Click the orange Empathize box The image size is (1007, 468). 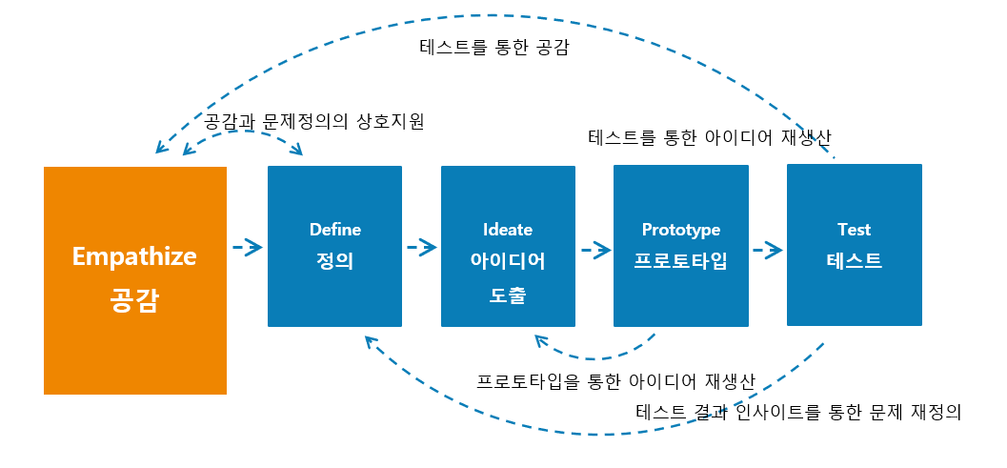click(135, 280)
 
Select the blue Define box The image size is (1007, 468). click(334, 246)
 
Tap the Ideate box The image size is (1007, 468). click(508, 246)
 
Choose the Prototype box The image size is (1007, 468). click(681, 246)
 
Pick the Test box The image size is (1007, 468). click(855, 245)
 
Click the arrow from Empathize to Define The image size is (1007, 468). click(248, 247)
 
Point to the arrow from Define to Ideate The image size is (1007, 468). click(422, 247)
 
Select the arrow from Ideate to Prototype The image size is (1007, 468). click(595, 249)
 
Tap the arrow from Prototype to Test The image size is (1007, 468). click(768, 249)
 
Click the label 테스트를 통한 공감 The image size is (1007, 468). click(493, 49)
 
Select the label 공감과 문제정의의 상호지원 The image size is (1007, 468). click(314, 121)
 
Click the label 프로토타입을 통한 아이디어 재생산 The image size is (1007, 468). click(615, 381)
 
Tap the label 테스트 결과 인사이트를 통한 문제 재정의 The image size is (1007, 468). click(798, 412)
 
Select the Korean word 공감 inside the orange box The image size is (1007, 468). click(133, 300)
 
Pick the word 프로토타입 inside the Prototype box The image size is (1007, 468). click(681, 261)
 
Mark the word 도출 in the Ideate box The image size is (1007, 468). click(508, 295)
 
